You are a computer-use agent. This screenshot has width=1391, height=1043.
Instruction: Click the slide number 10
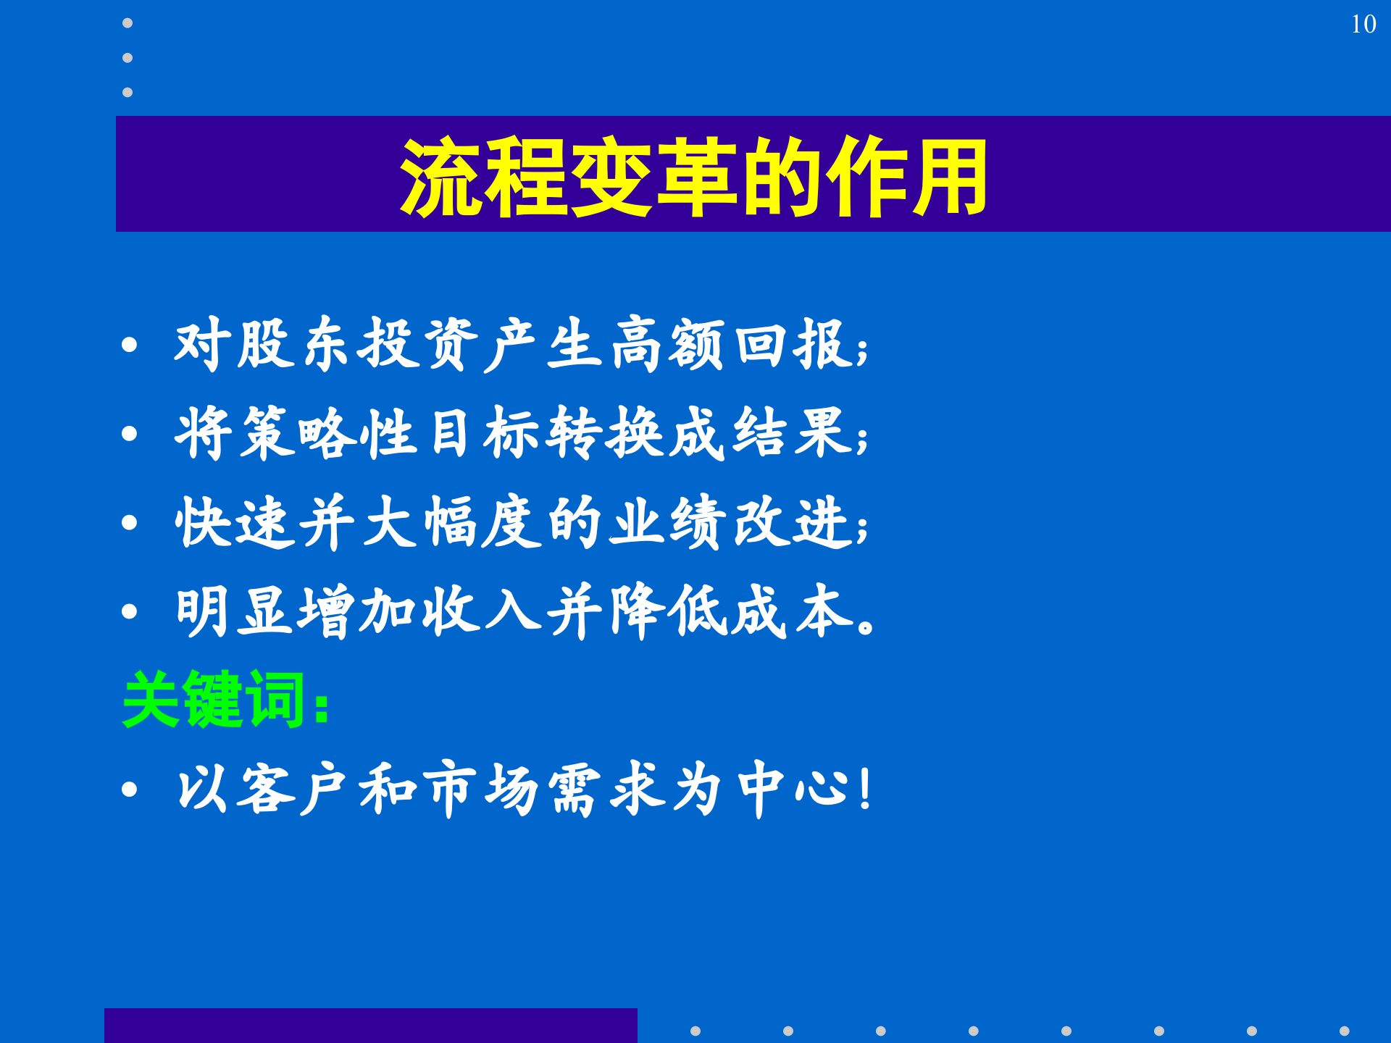click(x=1363, y=25)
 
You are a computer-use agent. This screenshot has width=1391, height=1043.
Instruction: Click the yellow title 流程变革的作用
click(x=693, y=177)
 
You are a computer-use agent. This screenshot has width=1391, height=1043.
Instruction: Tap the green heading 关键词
click(x=214, y=700)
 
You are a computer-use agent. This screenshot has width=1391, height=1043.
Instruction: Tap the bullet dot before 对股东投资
click(x=130, y=345)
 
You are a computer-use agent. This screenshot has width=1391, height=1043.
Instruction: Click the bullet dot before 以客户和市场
click(x=130, y=789)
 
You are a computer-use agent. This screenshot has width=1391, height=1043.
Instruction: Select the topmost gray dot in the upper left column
click(x=128, y=23)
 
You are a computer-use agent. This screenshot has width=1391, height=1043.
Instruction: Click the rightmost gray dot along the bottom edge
click(x=1344, y=1031)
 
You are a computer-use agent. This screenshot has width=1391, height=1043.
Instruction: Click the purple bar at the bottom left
click(x=370, y=1026)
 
